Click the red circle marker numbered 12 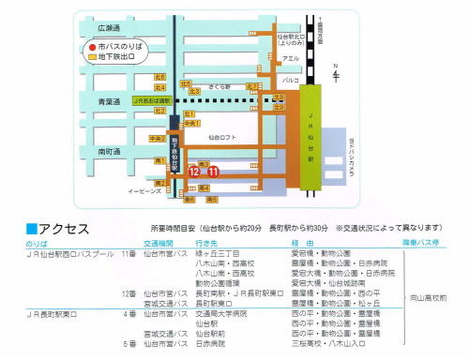point(194,172)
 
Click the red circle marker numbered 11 point(215,172)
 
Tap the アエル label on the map point(292,57)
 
